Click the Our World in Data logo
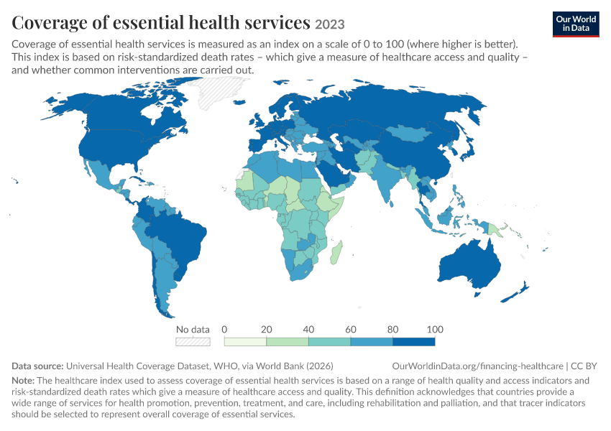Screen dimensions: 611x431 pos(576,24)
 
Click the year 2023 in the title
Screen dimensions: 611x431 pos(330,24)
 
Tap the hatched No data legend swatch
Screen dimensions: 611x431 pos(193,342)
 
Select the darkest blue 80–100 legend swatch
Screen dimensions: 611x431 pos(414,342)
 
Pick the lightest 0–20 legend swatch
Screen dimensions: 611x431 pos(245,342)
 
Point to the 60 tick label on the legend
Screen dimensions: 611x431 pos(350,330)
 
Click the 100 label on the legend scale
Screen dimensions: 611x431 pos(435,330)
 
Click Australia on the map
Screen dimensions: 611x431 pos(470,266)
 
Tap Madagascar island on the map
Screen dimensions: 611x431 pos(336,252)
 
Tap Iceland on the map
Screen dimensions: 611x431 pos(239,103)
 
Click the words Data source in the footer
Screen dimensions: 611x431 pos(37,366)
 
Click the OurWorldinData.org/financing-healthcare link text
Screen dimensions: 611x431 pos(477,366)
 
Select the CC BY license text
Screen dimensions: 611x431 pos(584,366)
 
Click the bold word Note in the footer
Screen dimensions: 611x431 pos(23,381)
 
